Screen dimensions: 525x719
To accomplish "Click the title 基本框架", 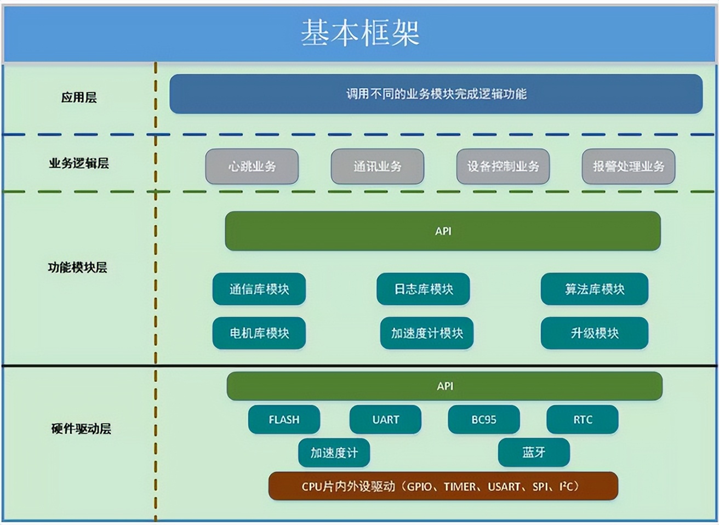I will pyautogui.click(x=359, y=32).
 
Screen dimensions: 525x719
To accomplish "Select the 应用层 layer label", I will pyautogui.click(x=79, y=98).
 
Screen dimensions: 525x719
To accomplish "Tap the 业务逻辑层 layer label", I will pyautogui.click(x=79, y=163).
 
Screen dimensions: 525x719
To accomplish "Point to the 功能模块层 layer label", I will pyautogui.click(x=77, y=267).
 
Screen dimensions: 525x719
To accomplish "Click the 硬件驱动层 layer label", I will pyautogui.click(x=81, y=429).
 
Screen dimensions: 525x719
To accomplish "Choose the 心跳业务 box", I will pyautogui.click(x=252, y=166).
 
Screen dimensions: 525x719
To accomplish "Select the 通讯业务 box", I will pyautogui.click(x=377, y=166).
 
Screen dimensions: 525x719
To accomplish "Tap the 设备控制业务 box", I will pyautogui.click(x=503, y=166).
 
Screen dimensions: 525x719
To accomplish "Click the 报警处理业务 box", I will pyautogui.click(x=628, y=166).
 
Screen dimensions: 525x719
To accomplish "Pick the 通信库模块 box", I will pyautogui.click(x=259, y=289).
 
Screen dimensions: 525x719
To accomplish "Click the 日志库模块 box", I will pyautogui.click(x=423, y=289).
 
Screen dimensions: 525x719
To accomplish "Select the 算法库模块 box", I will pyautogui.click(x=595, y=289).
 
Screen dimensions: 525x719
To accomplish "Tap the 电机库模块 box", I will pyautogui.click(x=259, y=333).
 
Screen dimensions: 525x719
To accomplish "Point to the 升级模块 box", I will pyautogui.click(x=595, y=333).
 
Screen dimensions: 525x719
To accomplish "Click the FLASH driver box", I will pyautogui.click(x=284, y=420).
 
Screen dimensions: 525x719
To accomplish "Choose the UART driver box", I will pyautogui.click(x=385, y=420).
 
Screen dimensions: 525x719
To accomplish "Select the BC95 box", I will pyautogui.click(x=484, y=420).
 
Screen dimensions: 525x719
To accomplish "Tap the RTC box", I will pyautogui.click(x=583, y=420).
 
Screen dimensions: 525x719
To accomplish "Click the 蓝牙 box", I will pyautogui.click(x=534, y=453).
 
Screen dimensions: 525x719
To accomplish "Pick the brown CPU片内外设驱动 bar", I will pyautogui.click(x=443, y=486).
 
